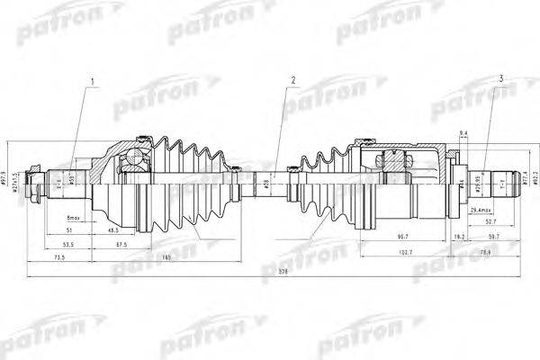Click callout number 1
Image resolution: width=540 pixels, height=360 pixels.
[x=92, y=86]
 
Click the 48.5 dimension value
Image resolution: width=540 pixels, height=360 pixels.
[x=114, y=230]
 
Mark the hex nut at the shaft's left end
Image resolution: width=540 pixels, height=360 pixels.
[x=34, y=186]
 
